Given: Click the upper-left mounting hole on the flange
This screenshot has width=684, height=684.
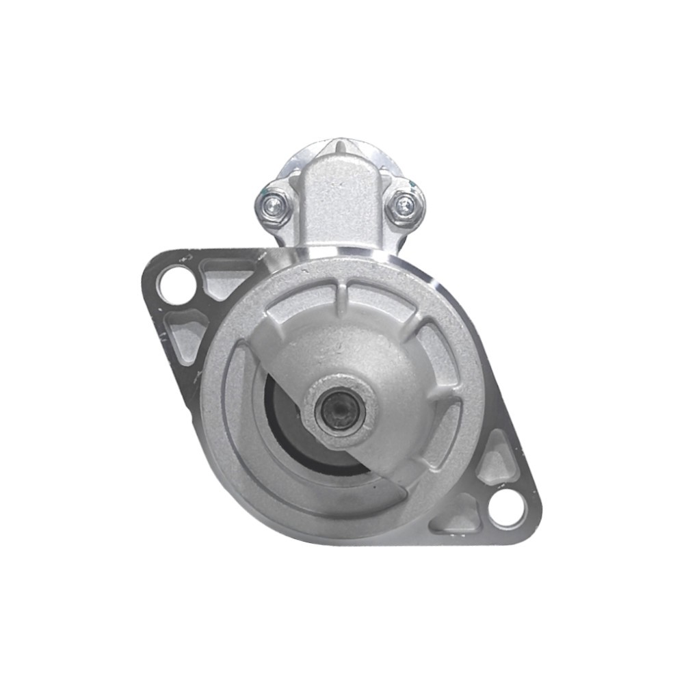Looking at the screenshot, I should point(176,282).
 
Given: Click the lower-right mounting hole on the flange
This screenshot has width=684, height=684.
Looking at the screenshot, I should point(508,509).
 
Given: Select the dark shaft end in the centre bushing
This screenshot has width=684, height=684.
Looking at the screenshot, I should point(339,410).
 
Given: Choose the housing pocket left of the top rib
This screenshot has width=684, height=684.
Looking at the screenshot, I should point(301,308).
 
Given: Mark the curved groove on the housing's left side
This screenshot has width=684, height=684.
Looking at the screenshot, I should point(236,417).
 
